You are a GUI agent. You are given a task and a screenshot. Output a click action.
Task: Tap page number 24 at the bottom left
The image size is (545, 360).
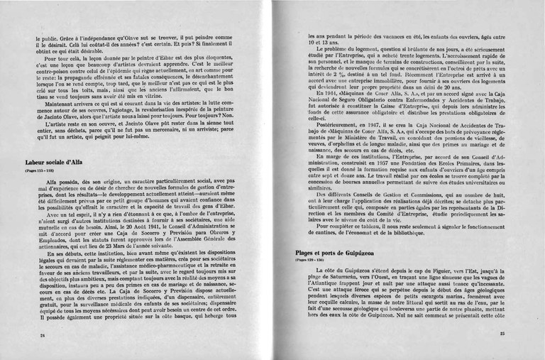point(43,335)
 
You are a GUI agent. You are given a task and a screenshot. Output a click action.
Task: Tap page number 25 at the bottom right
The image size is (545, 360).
point(501,334)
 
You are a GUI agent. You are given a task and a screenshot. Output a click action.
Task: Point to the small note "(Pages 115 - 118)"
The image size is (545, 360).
point(39,171)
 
